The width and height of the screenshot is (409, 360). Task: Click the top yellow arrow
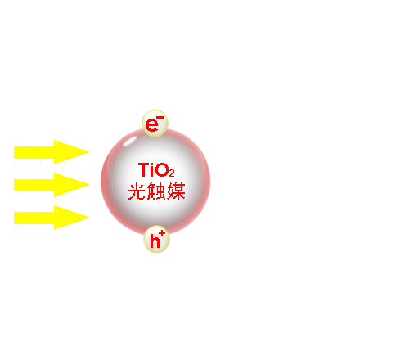(52, 152)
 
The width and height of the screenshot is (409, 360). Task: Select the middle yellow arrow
(52, 185)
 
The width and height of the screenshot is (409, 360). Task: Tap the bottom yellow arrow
(52, 218)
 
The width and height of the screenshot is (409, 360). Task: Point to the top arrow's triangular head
(72, 152)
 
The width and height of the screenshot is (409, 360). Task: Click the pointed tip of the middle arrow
(89, 185)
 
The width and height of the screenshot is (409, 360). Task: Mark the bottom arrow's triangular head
(72, 218)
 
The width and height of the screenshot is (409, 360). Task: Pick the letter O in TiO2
(162, 170)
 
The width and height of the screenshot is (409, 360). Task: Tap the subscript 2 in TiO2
(172, 173)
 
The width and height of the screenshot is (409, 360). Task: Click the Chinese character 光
(137, 191)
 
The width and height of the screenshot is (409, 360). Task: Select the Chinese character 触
(156, 191)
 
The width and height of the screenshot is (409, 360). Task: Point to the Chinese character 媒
(176, 191)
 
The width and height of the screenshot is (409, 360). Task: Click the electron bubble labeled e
(155, 123)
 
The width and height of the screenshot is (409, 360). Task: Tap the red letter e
(152, 125)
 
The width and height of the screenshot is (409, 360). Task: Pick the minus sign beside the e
(160, 118)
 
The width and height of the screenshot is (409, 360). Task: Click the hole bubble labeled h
(156, 239)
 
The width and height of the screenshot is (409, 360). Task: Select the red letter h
(155, 241)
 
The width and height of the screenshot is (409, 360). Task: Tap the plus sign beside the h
(162, 233)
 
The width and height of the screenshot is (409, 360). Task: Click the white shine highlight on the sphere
(130, 142)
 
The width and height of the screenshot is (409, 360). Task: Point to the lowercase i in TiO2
(152, 169)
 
